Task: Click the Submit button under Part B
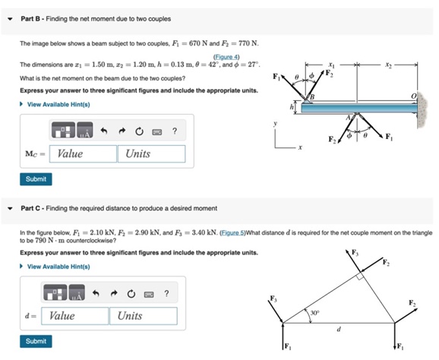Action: point(36,179)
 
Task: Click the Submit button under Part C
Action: point(36,341)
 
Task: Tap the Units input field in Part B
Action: point(154,153)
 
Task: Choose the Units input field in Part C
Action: point(146,315)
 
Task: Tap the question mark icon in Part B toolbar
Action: point(175,131)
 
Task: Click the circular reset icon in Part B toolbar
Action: point(141,131)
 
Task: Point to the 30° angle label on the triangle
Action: point(314,313)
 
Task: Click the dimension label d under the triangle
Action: point(340,329)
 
